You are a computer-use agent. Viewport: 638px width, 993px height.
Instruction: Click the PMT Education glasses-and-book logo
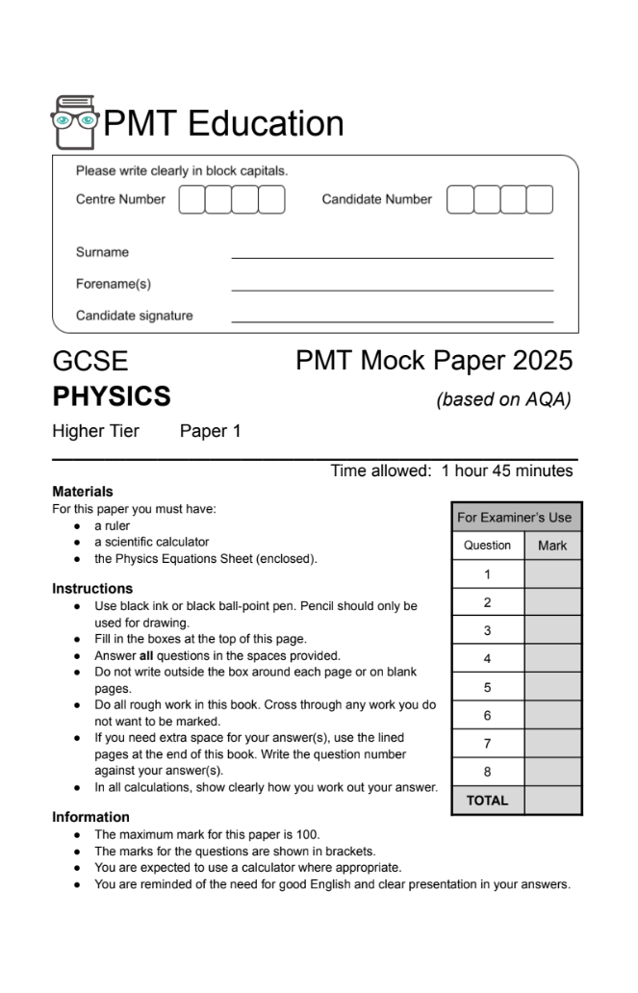(x=74, y=122)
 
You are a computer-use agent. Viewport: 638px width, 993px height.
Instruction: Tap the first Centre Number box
(x=192, y=200)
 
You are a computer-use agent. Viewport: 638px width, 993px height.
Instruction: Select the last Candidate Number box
(x=540, y=200)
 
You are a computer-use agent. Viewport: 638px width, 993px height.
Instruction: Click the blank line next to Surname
(x=392, y=255)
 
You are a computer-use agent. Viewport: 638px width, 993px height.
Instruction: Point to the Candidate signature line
(x=392, y=318)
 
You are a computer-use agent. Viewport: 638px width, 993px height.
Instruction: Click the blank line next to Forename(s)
(x=392, y=287)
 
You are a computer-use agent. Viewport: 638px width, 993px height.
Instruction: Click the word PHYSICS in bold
(x=111, y=395)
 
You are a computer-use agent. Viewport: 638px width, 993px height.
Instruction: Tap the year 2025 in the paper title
(x=543, y=361)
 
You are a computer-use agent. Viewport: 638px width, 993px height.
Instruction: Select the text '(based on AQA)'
(x=503, y=398)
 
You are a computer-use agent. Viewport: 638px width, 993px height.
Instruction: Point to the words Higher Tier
(x=95, y=431)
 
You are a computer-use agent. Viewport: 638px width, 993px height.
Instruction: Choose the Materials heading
(x=83, y=492)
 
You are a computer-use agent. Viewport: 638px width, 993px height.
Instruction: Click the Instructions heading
(x=92, y=588)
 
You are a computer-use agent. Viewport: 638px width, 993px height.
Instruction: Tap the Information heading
(x=90, y=817)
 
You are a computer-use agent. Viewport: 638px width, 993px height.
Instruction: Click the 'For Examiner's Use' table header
(x=515, y=517)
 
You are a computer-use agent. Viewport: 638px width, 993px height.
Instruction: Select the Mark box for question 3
(x=552, y=630)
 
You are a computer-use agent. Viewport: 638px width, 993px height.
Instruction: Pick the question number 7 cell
(x=487, y=743)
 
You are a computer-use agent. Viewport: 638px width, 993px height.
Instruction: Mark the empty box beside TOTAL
(x=552, y=800)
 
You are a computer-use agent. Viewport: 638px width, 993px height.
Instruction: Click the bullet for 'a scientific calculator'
(x=77, y=542)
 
